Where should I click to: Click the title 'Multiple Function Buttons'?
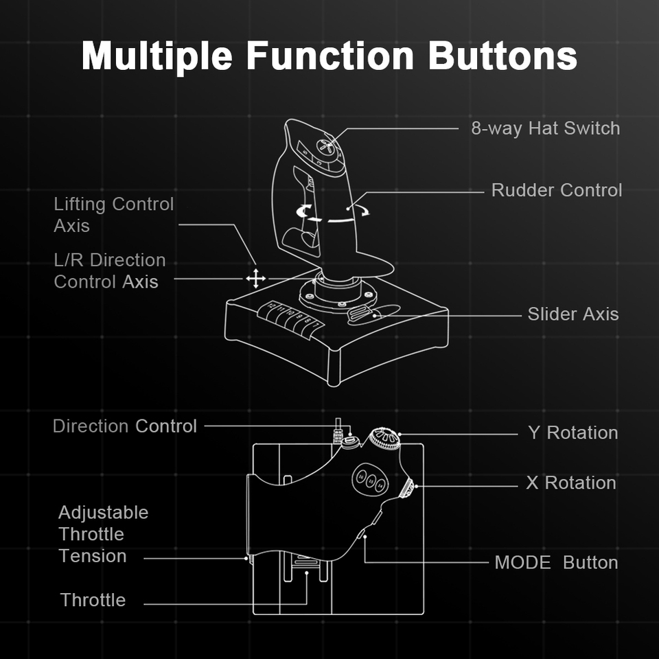click(x=329, y=56)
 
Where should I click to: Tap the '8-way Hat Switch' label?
click(x=545, y=128)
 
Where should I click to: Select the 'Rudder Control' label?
click(x=556, y=190)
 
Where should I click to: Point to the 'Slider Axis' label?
click(x=573, y=314)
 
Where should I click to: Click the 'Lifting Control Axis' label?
click(x=113, y=215)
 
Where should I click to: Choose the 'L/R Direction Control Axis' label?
click(x=109, y=271)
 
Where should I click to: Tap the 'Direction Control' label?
click(x=125, y=426)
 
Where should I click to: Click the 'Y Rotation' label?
click(x=573, y=433)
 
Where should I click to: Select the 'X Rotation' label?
click(x=570, y=483)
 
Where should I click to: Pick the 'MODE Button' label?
click(x=556, y=563)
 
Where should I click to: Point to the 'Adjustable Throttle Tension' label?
click(x=103, y=534)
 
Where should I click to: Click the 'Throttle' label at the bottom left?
click(x=93, y=600)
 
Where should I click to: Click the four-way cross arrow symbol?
click(x=255, y=278)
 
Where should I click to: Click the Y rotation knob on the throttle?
click(x=384, y=439)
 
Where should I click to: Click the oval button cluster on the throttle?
click(x=371, y=481)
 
